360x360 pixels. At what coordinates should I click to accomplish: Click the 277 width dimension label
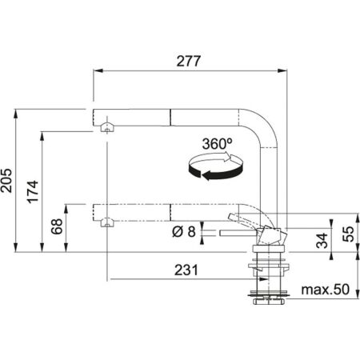[x=189, y=61]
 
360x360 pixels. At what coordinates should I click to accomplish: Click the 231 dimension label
[x=185, y=270]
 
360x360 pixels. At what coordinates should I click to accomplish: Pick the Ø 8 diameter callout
[x=186, y=233]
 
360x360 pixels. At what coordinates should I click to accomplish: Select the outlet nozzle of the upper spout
[x=105, y=126]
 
